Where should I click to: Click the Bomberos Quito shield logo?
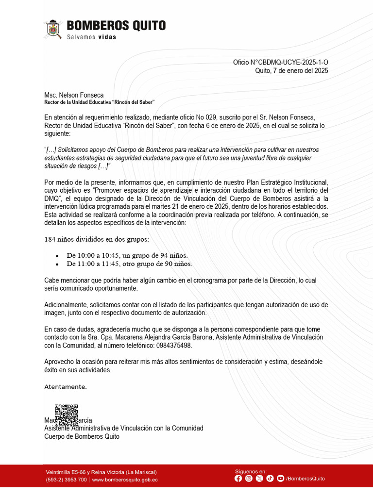53,30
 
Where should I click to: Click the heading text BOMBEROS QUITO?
116,26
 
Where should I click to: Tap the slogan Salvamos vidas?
92,37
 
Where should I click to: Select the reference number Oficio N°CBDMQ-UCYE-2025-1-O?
280,63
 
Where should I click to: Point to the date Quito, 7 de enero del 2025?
291,71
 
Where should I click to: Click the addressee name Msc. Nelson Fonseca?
74,95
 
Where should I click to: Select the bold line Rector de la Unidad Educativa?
99,102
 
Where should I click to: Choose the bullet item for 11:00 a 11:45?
129,264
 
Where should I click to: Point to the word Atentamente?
66,387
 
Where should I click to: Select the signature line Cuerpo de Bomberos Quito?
82,436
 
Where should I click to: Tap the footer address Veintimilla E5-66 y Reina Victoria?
101,472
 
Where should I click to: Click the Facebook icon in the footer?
238,479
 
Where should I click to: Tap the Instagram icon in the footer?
249,479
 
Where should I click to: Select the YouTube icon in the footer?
280,479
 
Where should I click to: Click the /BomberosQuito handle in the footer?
305,479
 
